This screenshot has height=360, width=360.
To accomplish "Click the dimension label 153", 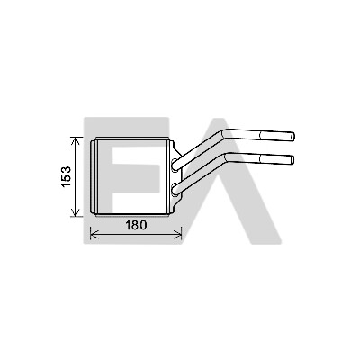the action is coord(67,176).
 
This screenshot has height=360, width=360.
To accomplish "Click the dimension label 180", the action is coord(136,225).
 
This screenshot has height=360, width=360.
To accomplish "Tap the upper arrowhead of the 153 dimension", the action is coord(76,140).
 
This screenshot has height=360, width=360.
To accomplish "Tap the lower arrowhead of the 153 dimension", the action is coord(76,212).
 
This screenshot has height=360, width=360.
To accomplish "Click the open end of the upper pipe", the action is coord(293,137).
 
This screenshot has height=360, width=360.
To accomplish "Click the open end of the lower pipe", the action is coord(292,159).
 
